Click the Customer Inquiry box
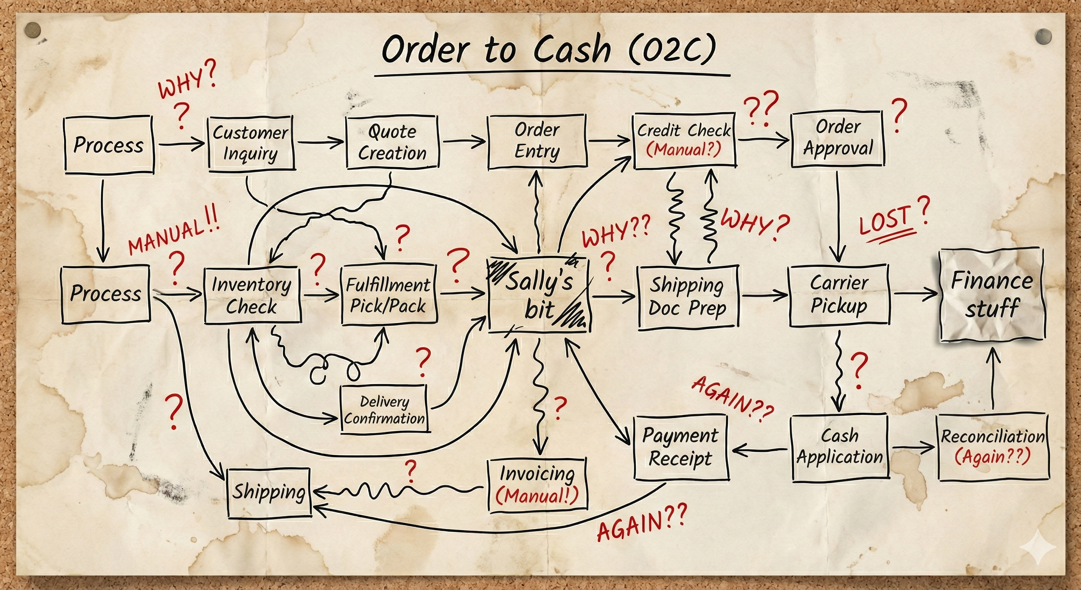point(251,143)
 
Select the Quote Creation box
point(392,142)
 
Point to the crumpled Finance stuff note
point(991,294)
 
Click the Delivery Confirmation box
point(384,410)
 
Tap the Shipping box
point(269,492)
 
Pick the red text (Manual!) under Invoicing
point(537,496)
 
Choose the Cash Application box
point(839,446)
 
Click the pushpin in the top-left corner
point(32,30)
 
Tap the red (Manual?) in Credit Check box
point(684,149)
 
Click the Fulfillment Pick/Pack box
point(388,295)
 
